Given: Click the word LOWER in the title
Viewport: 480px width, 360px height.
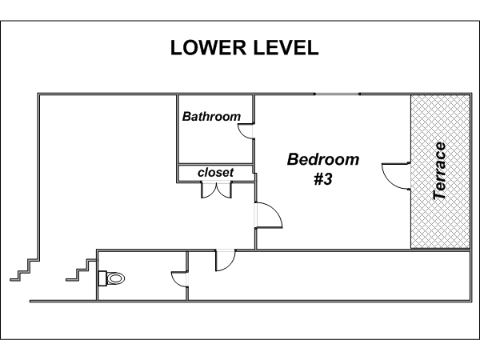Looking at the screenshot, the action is tap(208, 48).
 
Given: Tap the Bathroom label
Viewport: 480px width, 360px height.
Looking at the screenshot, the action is tap(211, 117).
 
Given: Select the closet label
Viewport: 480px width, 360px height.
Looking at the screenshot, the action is tap(215, 172).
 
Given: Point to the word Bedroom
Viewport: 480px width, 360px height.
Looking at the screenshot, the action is tap(323, 159).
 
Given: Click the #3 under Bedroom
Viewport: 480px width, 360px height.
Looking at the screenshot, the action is tap(323, 178).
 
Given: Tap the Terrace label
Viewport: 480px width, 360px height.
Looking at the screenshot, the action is tap(439, 171).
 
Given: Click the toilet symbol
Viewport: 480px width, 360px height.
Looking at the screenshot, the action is tap(112, 278).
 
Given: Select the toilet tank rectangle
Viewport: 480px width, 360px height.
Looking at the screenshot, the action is tap(102, 278).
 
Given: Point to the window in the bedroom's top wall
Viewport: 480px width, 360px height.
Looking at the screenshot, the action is tap(337, 94).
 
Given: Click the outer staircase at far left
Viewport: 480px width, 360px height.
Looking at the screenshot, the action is tap(25, 270).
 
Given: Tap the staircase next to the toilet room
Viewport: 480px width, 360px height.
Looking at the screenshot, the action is tap(81, 270).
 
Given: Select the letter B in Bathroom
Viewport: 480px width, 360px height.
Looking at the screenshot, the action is tap(186, 117).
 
